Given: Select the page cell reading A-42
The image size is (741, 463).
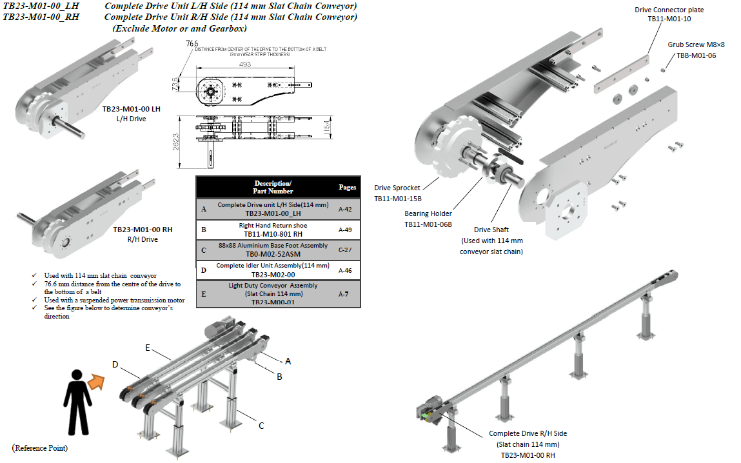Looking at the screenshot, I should coord(346,209).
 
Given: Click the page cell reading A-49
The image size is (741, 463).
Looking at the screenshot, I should coord(346,229).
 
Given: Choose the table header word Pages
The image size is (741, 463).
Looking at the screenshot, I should coord(347,187).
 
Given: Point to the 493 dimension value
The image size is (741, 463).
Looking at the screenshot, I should coord(244,64).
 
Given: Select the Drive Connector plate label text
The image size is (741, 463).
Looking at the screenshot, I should coord(669,10).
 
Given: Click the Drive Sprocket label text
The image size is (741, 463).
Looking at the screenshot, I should coord(397,188).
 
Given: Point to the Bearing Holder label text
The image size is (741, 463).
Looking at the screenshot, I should coord(428,213).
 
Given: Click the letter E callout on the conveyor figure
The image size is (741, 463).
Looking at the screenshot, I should coord(148,348).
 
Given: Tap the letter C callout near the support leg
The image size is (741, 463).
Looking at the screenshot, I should coord(261,425).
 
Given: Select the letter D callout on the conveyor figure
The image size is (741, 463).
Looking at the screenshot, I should coord(115,364).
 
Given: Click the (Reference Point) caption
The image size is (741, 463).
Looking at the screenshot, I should coord(40,448).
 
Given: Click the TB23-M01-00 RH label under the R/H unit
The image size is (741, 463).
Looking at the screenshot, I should coord(143,230).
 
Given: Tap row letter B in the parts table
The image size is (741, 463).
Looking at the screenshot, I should coord(204,230).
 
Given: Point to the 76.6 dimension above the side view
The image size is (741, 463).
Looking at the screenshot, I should coord(192,43).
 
